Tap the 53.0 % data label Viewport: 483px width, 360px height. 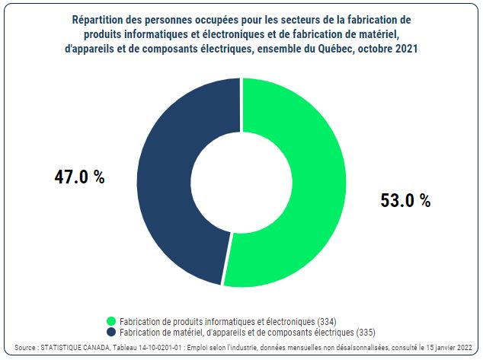coord(405,201)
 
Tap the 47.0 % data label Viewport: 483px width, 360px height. coord(79,177)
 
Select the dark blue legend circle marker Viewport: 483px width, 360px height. coord(111,333)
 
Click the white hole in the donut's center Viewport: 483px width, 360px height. coord(241,183)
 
